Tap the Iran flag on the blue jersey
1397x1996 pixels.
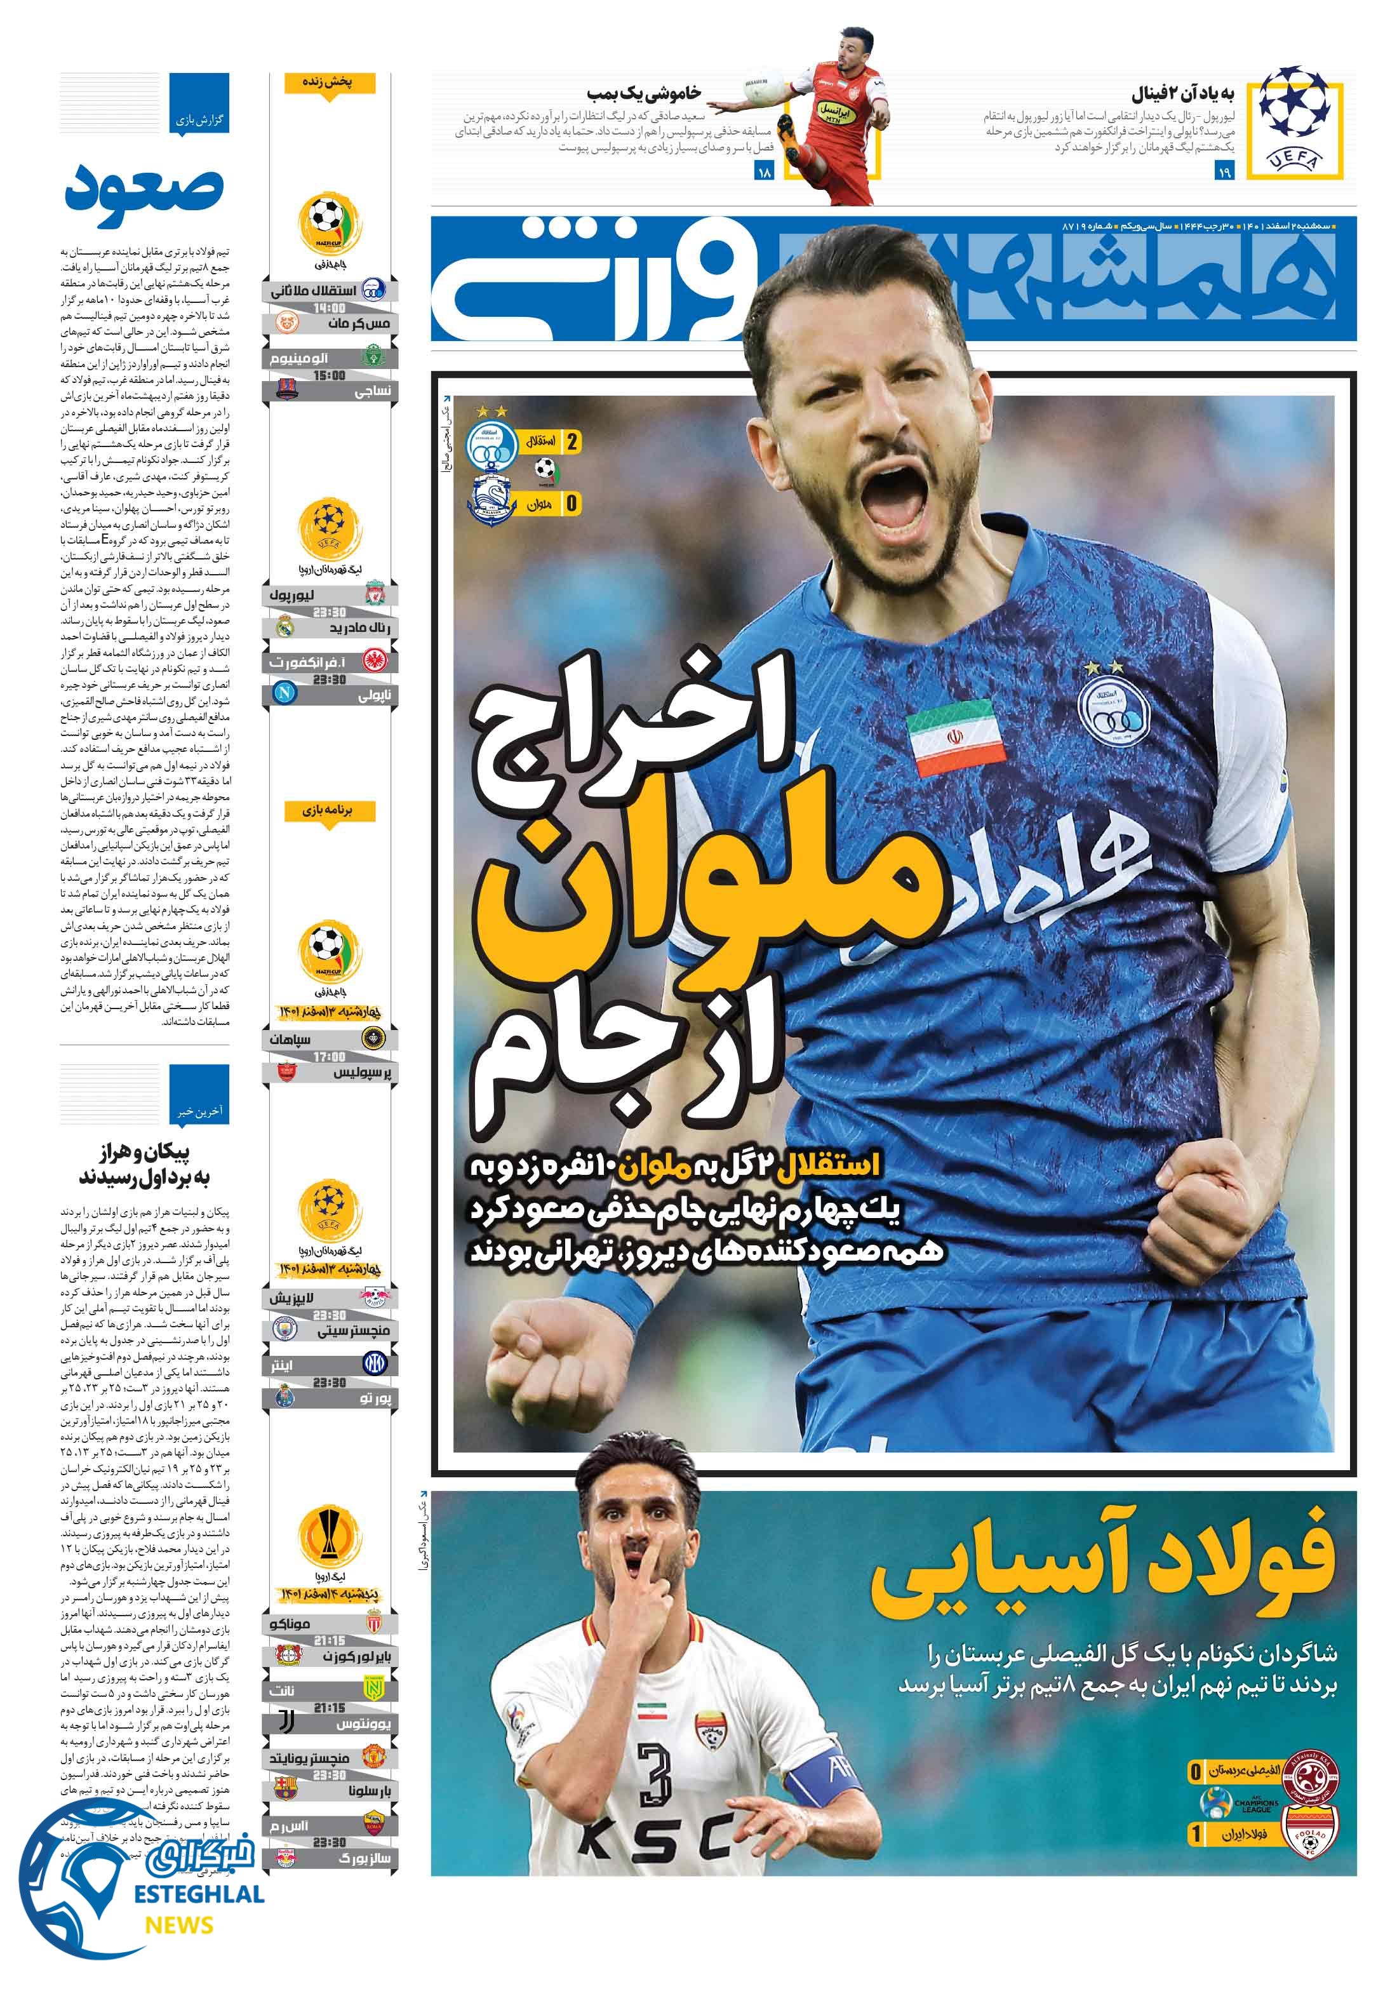click(956, 740)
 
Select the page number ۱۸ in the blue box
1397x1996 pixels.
click(765, 172)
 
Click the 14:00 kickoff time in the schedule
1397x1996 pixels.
click(328, 308)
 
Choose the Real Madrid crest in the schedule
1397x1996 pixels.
click(285, 627)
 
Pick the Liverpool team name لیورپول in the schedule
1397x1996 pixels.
click(292, 596)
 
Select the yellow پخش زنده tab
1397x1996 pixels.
click(327, 83)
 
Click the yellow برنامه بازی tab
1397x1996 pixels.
click(327, 811)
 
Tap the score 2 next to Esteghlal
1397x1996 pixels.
click(572, 441)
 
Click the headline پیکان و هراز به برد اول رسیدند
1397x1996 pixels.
click(145, 1165)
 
